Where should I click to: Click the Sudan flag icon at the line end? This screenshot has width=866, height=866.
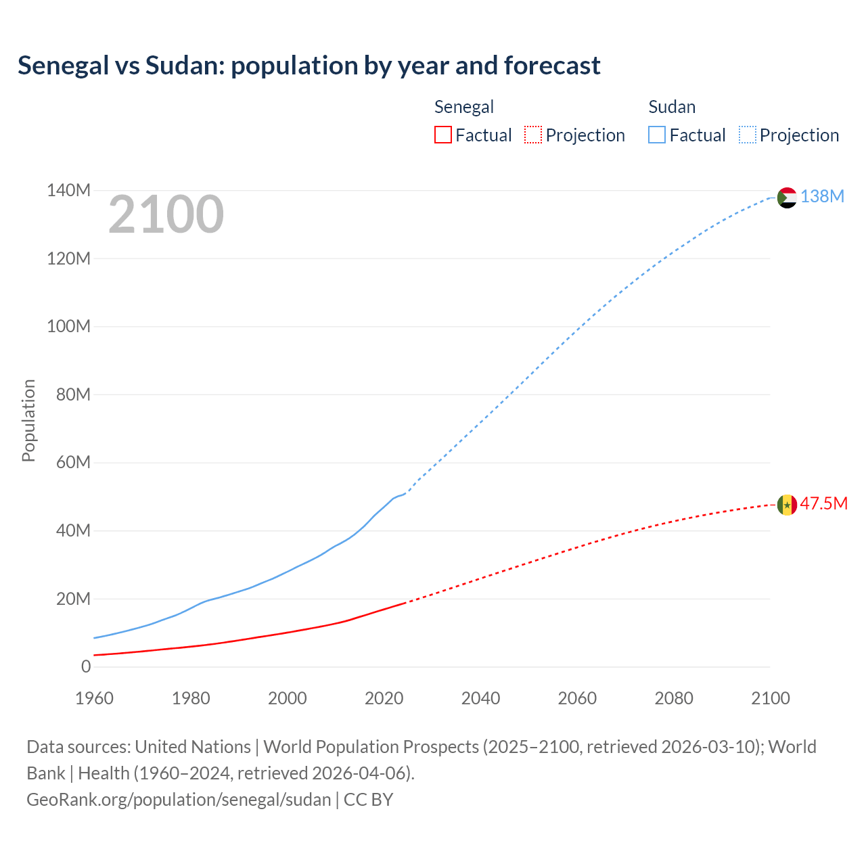(x=787, y=198)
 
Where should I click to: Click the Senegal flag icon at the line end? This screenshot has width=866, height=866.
(x=787, y=505)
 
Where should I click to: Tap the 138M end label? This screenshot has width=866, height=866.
(x=822, y=196)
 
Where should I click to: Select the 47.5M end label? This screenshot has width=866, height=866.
(x=823, y=503)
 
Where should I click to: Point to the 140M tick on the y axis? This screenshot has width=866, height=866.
(x=68, y=190)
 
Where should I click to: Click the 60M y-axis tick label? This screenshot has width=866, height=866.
(x=73, y=462)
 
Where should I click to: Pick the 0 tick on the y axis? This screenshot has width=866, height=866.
(x=86, y=666)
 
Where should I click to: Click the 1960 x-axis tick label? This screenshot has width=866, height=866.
(x=94, y=698)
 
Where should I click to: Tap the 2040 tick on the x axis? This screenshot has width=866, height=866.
(x=480, y=698)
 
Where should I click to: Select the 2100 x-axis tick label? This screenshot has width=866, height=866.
(x=770, y=698)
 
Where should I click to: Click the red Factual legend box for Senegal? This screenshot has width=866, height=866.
(x=443, y=135)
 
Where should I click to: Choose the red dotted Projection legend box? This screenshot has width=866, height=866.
(x=533, y=135)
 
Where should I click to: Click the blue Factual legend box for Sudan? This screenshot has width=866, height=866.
(x=657, y=135)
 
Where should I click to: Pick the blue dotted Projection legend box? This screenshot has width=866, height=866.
(x=748, y=135)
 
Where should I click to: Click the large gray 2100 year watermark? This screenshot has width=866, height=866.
(x=166, y=214)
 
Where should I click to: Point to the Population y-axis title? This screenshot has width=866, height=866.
(x=28, y=420)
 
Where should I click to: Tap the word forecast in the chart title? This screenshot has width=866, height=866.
(x=552, y=66)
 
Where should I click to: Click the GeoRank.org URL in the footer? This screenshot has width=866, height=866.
(x=179, y=799)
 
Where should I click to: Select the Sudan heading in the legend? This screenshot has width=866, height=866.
(x=672, y=107)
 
